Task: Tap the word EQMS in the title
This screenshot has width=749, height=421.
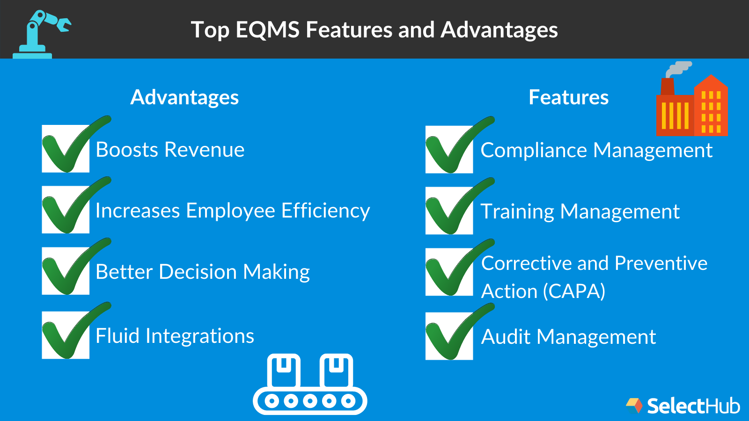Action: click(x=267, y=30)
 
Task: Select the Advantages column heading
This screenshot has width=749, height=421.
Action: click(x=184, y=97)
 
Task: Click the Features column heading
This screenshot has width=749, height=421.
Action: click(x=568, y=97)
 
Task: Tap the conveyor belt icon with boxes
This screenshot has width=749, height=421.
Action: click(x=310, y=385)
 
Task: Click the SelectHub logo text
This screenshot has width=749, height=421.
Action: click(x=693, y=406)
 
